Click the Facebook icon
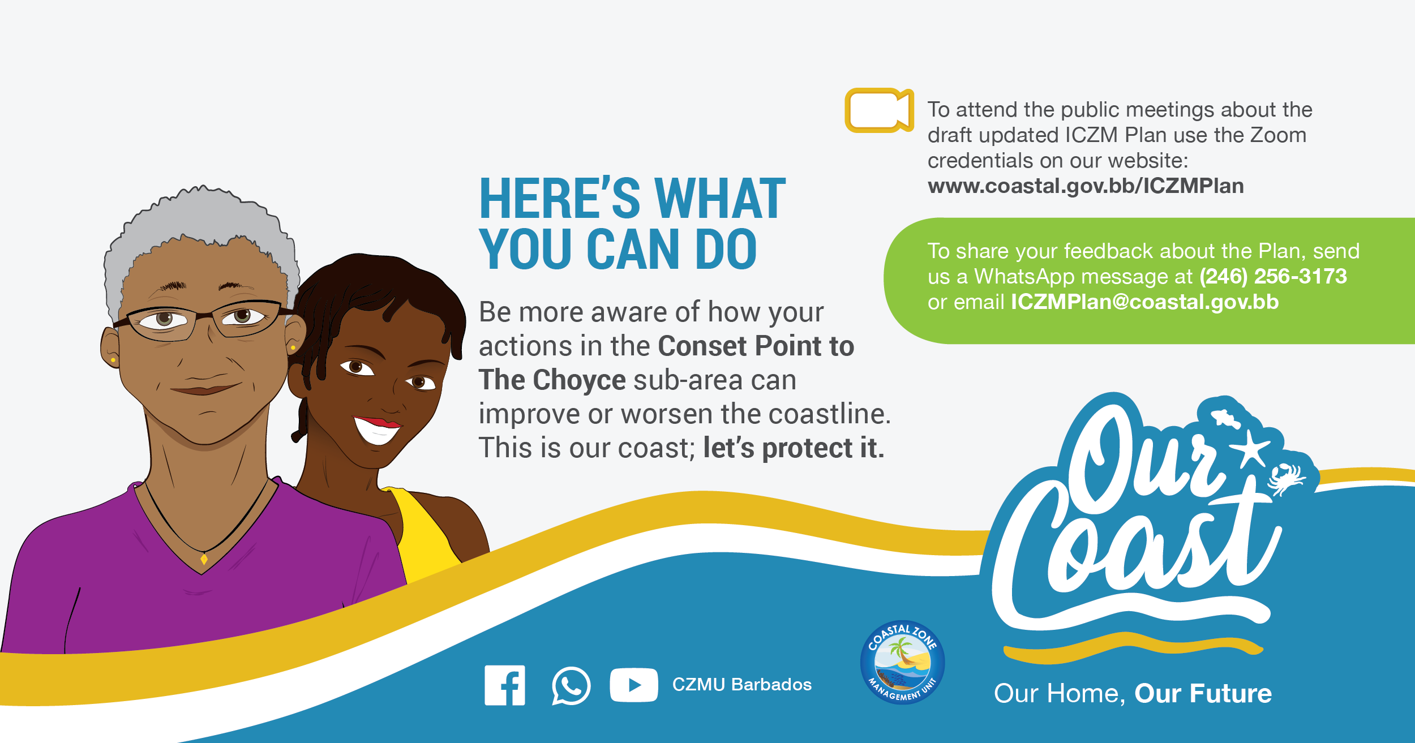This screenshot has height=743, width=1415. pyautogui.click(x=504, y=685)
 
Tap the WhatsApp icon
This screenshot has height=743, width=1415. pyautogui.click(x=571, y=686)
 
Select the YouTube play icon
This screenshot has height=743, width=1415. pyautogui.click(x=634, y=685)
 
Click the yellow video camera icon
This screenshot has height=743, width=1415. pyautogui.click(x=879, y=110)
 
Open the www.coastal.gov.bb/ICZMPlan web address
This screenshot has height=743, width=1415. pyautogui.click(x=1086, y=186)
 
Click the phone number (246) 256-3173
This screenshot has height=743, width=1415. pyautogui.click(x=1273, y=276)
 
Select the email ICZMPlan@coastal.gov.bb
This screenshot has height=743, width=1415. pyautogui.click(x=1144, y=302)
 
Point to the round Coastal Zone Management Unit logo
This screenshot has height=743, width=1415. pyautogui.click(x=902, y=662)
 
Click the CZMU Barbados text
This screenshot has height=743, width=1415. pyautogui.click(x=741, y=685)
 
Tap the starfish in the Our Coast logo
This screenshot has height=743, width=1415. pyautogui.click(x=1250, y=448)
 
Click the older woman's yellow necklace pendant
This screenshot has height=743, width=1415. pyautogui.click(x=204, y=559)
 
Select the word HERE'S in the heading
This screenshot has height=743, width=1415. pyautogui.click(x=560, y=199)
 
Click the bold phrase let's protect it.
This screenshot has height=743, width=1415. pyautogui.click(x=794, y=448)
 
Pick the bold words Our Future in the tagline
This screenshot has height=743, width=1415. pyautogui.click(x=1203, y=693)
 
